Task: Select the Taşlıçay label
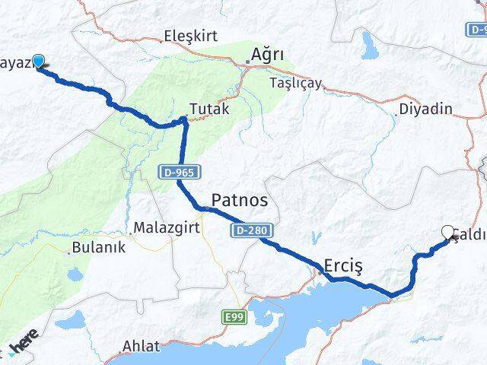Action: coord(296,83)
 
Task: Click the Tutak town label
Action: coord(208,109)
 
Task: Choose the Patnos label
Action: coord(239,200)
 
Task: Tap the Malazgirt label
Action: coord(161,227)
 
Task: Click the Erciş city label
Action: coord(345,265)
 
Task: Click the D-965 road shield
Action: coord(177,173)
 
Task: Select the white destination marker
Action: coord(447,232)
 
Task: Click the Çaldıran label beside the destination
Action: coord(470,235)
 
